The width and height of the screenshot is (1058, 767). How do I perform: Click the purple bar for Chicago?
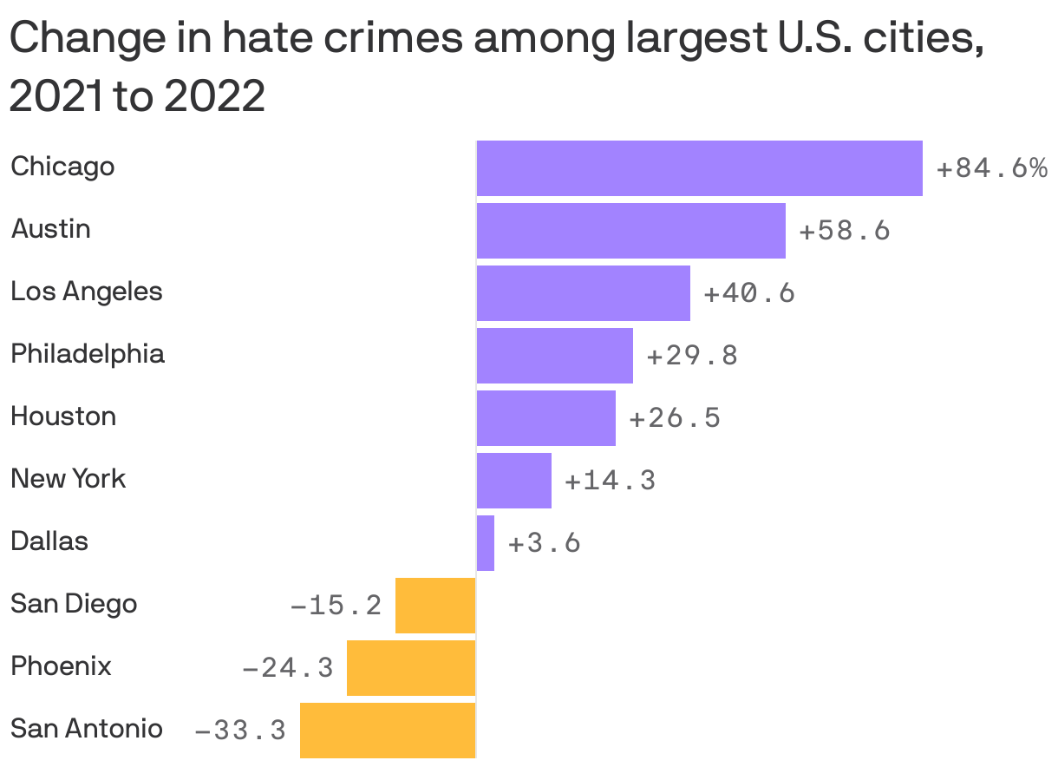pyautogui.click(x=699, y=167)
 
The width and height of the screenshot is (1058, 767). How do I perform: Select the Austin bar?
pyautogui.click(x=630, y=230)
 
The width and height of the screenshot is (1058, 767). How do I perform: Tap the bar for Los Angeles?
pyautogui.click(x=583, y=292)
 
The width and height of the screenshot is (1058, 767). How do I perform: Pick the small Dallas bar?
pyautogui.click(x=486, y=542)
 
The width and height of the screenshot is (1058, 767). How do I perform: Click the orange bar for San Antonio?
pyautogui.click(x=388, y=730)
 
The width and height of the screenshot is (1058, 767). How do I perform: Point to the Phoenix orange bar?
pyautogui.click(x=411, y=667)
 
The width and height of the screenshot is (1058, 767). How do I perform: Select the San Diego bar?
pyautogui.click(x=435, y=605)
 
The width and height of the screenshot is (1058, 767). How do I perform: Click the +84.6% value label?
pyautogui.click(x=992, y=167)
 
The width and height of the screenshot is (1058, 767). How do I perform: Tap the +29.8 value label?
pyautogui.click(x=692, y=355)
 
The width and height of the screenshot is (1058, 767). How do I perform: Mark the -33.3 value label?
pyautogui.click(x=241, y=730)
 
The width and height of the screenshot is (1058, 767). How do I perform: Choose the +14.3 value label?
pyautogui.click(x=610, y=480)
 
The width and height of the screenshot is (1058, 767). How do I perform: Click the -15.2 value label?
pyautogui.click(x=336, y=605)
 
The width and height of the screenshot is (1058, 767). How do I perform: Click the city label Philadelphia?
pyautogui.click(x=88, y=354)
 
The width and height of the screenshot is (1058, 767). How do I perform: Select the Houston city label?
pyautogui.click(x=63, y=416)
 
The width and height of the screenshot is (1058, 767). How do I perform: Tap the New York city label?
pyautogui.click(x=68, y=479)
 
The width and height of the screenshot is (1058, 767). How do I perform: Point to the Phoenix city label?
pyautogui.click(x=61, y=666)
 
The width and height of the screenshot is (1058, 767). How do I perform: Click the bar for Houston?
pyautogui.click(x=545, y=417)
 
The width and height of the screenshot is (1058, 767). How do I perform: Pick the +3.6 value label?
pyautogui.click(x=544, y=542)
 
